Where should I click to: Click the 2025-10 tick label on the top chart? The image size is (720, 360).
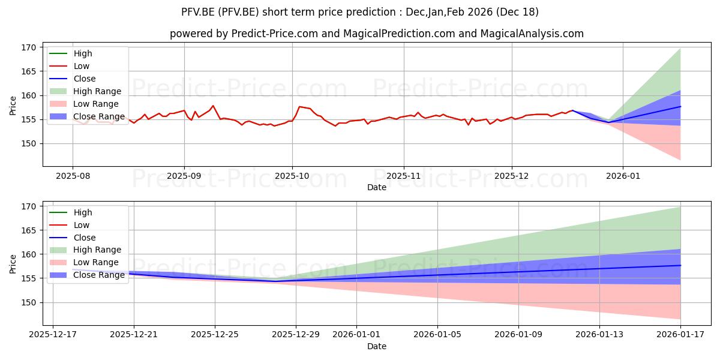tap(292, 176)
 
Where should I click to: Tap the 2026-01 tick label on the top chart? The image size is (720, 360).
tap(623, 176)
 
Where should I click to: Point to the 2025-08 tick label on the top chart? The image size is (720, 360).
tap(73, 176)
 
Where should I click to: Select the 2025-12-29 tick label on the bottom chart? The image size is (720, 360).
tap(295, 335)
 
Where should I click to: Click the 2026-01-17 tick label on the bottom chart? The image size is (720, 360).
tap(680, 335)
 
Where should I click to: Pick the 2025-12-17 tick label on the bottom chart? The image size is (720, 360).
tap(53, 335)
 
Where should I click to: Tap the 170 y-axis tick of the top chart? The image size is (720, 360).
tap(29, 47)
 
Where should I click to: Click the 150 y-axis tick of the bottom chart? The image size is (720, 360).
tap(29, 302)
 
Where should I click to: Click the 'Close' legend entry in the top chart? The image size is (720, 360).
tap(85, 79)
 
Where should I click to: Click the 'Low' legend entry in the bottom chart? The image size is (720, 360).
tap(81, 225)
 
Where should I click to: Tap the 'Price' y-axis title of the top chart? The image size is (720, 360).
tap(13, 106)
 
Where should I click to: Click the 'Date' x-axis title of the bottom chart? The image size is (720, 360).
tap(376, 346)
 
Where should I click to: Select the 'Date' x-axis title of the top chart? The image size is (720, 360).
tap(376, 187)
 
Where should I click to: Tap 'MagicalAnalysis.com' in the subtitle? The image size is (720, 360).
tap(532, 34)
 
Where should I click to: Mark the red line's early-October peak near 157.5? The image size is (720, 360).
tap(299, 107)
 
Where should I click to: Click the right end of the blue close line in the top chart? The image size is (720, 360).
tap(680, 106)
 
